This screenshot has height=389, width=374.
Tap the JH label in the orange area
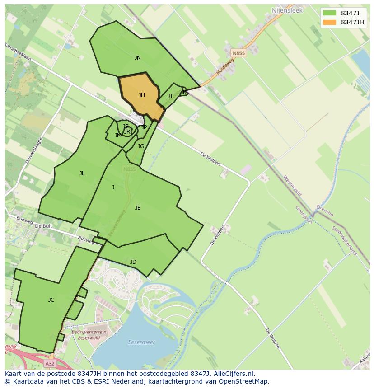(142, 95)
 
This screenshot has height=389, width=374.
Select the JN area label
(138, 58)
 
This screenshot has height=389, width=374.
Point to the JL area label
(82, 173)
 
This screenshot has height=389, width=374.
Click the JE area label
(138, 208)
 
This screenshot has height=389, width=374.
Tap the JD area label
(133, 262)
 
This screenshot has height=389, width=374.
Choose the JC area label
(51, 300)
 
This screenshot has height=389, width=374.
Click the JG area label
(141, 146)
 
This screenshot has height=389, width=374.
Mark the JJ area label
(170, 96)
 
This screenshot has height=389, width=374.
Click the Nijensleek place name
(287, 10)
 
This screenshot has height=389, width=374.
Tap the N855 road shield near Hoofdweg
(238, 53)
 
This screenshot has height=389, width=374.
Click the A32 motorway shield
(50, 363)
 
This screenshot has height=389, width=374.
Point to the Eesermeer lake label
(141, 342)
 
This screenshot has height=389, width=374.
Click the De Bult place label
(44, 225)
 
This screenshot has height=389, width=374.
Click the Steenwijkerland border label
(345, 240)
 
